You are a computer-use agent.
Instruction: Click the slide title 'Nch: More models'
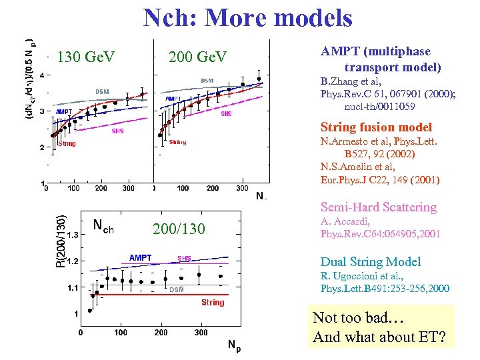click(x=247, y=18)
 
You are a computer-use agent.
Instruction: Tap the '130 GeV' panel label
click(x=86, y=57)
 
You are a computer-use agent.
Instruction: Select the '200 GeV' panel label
click(x=197, y=57)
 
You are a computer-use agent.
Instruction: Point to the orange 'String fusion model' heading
click(x=376, y=127)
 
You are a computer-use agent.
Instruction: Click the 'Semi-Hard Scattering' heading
click(x=378, y=207)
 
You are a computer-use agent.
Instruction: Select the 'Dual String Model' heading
click(x=370, y=262)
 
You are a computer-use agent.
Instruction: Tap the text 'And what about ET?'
click(x=379, y=337)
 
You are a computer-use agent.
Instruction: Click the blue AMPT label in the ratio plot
click(x=140, y=258)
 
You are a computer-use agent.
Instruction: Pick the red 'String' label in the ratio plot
click(x=213, y=303)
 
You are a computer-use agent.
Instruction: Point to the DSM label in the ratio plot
click(x=176, y=290)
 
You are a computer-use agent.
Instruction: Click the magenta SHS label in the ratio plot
click(x=183, y=259)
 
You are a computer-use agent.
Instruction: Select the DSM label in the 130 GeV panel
click(x=102, y=91)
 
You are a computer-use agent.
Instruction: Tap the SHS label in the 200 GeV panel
click(x=227, y=113)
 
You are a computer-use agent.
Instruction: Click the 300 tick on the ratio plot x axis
click(x=201, y=332)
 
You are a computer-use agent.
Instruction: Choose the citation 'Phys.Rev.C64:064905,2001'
click(x=380, y=234)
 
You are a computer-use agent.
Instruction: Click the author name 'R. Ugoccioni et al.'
click(x=365, y=275)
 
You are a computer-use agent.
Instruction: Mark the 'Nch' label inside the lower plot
click(x=103, y=228)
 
